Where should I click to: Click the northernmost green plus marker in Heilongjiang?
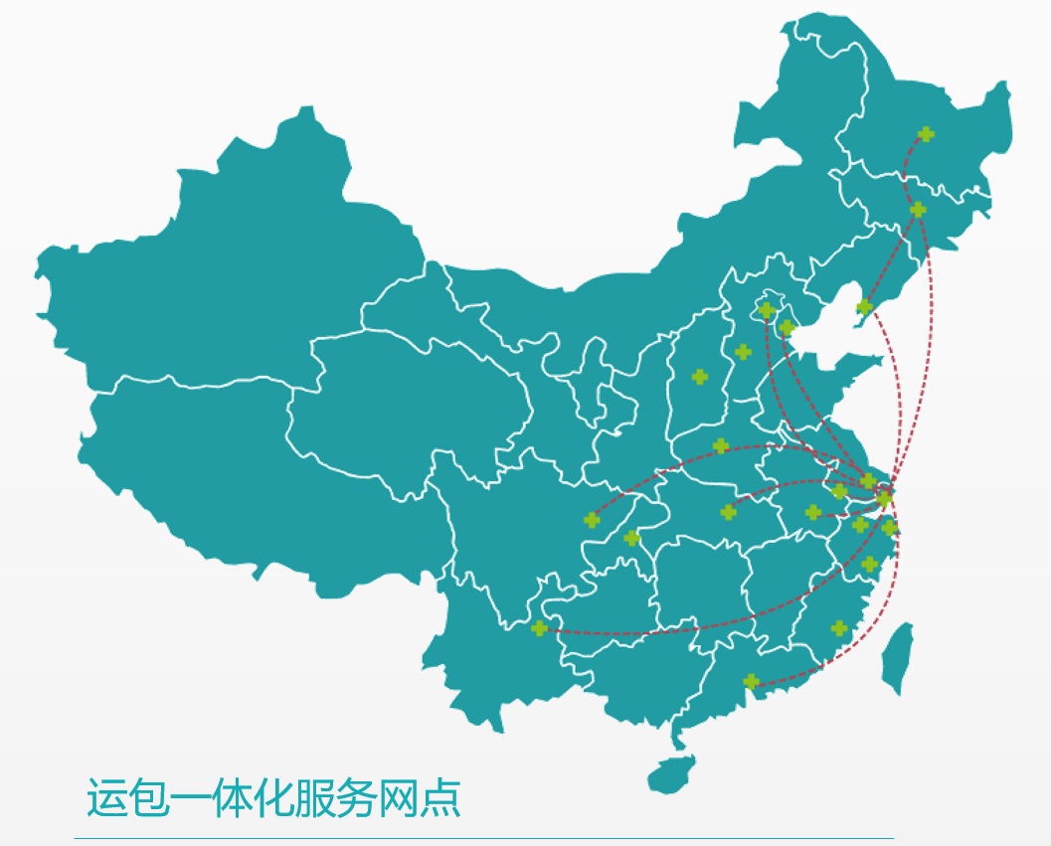pos(926,134)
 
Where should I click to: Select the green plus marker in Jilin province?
pos(918,210)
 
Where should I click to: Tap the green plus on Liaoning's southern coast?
pos(865,307)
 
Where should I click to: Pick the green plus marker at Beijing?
pos(766,311)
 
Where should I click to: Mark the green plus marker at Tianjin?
pos(787,328)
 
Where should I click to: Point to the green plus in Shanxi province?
pos(700,377)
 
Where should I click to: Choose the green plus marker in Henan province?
pos(721,445)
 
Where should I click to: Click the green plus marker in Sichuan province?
pos(593,520)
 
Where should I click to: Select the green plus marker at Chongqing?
pos(631,539)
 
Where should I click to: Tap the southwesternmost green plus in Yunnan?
pos(540,628)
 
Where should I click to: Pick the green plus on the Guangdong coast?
pos(752,682)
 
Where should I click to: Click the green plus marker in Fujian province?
pos(839,628)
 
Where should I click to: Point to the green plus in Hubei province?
pos(729,512)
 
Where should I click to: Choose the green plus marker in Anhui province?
pos(813,512)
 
